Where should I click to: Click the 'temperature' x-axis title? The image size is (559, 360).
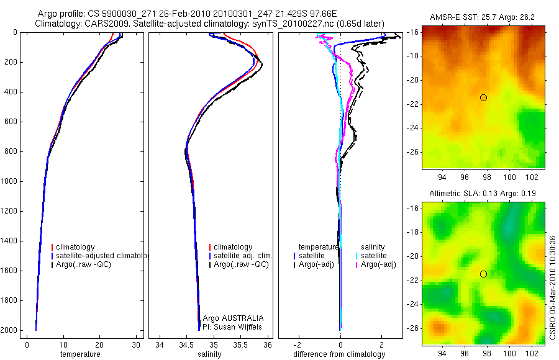[x=80, y=354]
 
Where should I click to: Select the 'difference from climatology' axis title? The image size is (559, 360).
[x=340, y=354]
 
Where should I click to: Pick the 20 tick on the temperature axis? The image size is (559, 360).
[x=99, y=344]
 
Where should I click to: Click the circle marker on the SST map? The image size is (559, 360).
[x=483, y=97]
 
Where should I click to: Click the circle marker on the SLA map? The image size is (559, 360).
[x=483, y=274]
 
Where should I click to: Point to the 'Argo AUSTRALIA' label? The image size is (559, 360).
[x=233, y=318]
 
